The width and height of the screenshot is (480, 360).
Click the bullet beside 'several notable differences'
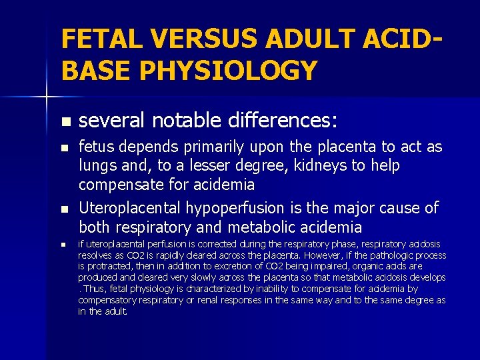(x=64, y=122)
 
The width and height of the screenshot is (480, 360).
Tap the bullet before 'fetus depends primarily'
(x=64, y=148)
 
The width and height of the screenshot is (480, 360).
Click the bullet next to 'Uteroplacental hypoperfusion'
(x=64, y=209)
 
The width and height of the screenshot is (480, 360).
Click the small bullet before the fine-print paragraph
(x=64, y=245)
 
